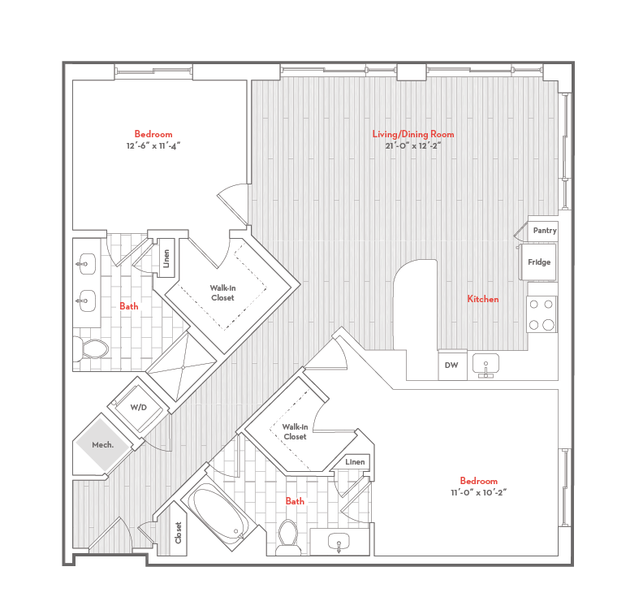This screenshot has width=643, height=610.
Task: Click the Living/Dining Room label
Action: [x=413, y=134]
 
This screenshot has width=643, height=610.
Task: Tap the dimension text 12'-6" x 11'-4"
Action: [x=153, y=146]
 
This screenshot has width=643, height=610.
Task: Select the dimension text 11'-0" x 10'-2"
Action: [x=478, y=492]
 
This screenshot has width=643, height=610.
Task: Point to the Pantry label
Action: [x=545, y=231]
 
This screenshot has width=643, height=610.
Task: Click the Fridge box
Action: [x=539, y=262]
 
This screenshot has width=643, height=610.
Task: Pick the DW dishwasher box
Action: [x=451, y=366]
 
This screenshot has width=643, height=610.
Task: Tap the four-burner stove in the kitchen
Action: [x=542, y=314]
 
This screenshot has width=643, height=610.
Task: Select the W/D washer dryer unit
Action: [x=139, y=407]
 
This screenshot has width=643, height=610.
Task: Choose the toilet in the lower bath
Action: [x=287, y=536]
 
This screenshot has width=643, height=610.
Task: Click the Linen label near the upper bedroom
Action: [x=166, y=257]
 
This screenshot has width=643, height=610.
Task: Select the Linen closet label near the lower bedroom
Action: [x=355, y=462]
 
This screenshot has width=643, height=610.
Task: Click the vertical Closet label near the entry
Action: [x=178, y=533]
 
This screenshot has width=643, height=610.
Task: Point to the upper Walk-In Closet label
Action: [x=222, y=292]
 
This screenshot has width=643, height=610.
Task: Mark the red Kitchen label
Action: [x=482, y=300]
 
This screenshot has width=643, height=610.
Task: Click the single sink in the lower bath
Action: [x=340, y=542]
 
